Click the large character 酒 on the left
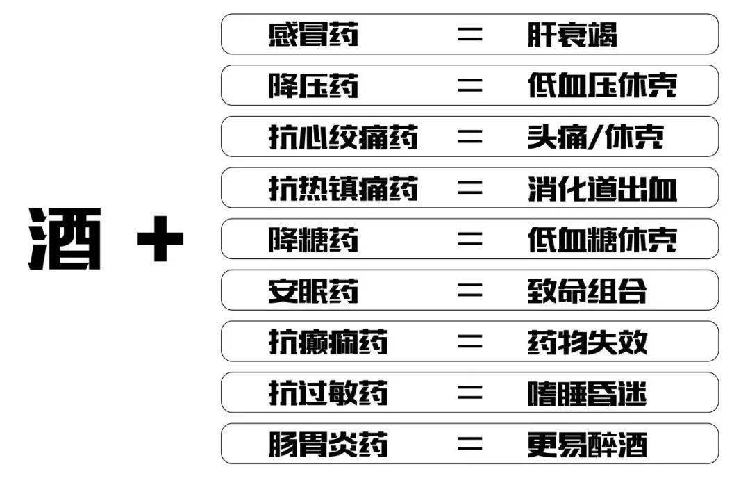point(65,239)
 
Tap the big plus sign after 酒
point(160,240)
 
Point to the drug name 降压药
point(313,86)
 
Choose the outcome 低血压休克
point(601,86)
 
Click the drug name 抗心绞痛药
point(343,138)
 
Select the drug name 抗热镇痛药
point(343,188)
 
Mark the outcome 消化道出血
point(601,188)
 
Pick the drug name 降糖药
point(313,240)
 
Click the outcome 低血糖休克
point(601,240)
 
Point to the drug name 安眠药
point(313,291)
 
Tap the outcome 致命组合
point(587,291)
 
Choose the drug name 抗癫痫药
point(328,342)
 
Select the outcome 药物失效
point(587,342)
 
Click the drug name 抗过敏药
point(328,393)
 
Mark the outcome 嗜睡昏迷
point(587,393)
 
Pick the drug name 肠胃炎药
point(328,445)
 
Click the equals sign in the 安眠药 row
point(469,291)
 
